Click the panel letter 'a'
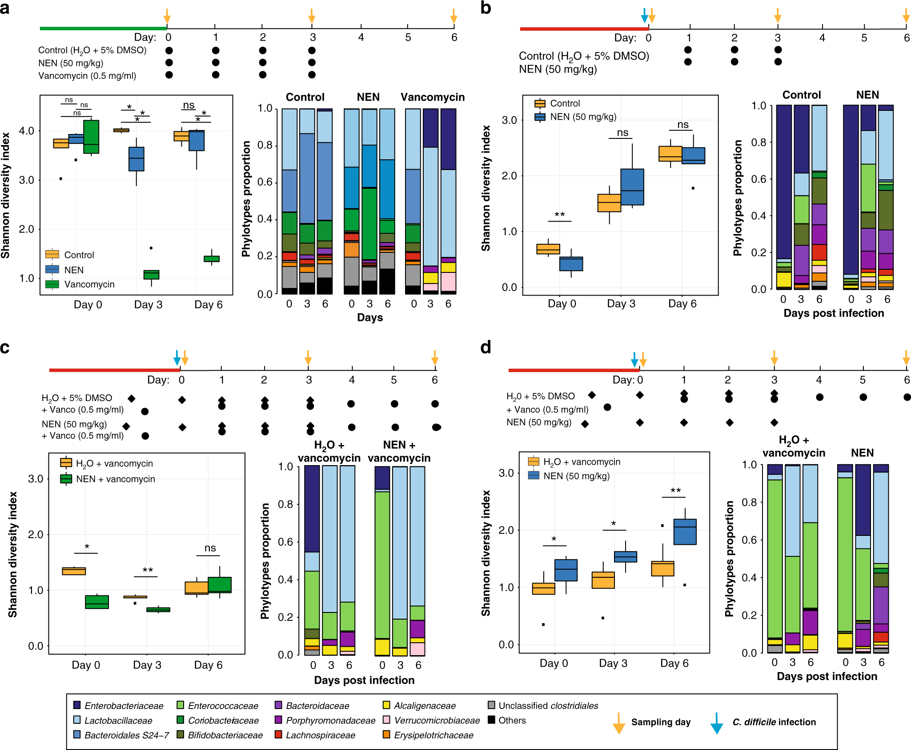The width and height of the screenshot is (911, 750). click(5, 8)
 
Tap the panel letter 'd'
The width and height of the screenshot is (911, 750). click(486, 347)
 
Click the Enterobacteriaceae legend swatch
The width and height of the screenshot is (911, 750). click(77, 705)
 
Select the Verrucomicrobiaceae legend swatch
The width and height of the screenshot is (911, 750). click(386, 720)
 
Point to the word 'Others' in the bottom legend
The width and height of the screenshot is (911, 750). click(512, 720)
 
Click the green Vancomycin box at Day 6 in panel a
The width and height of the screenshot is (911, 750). click(211, 259)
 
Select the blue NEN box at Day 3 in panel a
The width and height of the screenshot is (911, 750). click(136, 159)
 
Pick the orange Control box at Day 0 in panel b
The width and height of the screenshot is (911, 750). click(548, 249)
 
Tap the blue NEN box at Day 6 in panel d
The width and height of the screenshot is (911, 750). click(685, 531)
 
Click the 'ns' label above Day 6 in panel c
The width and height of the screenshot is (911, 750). click(210, 548)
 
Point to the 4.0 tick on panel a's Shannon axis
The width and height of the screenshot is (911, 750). click(26, 131)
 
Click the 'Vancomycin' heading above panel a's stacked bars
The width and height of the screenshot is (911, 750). click(432, 97)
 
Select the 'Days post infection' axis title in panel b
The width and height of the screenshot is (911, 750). click(834, 313)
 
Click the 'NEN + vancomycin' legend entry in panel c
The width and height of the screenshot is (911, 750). click(115, 479)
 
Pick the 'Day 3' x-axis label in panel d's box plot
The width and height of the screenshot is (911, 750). click(613, 663)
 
